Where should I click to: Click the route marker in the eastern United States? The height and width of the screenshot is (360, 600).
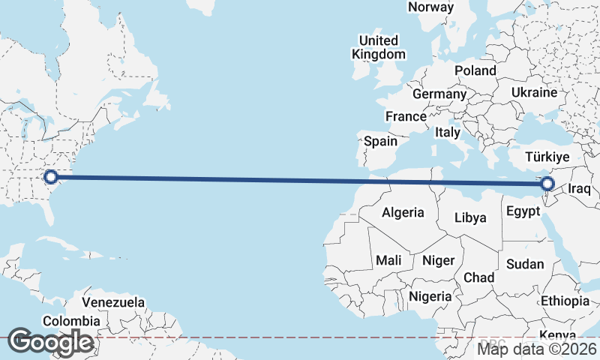(x=51, y=177)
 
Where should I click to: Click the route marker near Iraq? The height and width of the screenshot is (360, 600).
(x=547, y=184)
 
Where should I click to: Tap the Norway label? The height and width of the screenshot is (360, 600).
(x=430, y=7)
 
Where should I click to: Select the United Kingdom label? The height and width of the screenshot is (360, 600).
(x=379, y=46)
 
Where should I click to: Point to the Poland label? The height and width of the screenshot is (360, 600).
(x=475, y=70)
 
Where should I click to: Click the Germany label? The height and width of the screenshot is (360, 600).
(x=439, y=94)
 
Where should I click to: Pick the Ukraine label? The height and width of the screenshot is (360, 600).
(x=534, y=92)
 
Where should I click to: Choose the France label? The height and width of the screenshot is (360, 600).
(x=406, y=116)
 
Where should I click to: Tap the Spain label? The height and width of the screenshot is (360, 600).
(x=380, y=140)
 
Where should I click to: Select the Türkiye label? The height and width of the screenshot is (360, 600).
(x=547, y=157)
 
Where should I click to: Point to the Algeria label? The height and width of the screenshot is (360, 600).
(x=403, y=212)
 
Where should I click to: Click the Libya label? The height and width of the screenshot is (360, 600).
(x=471, y=217)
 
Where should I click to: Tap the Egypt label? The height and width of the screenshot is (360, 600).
(x=523, y=211)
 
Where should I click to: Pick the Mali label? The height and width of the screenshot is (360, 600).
(x=388, y=260)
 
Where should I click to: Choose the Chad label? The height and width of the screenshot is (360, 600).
(x=479, y=277)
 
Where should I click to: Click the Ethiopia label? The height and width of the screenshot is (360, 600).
(x=566, y=301)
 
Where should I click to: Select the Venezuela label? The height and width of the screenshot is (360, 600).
(x=113, y=302)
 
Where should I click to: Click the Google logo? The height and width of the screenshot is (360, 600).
(x=51, y=342)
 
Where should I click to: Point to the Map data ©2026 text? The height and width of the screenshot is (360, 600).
(x=537, y=348)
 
